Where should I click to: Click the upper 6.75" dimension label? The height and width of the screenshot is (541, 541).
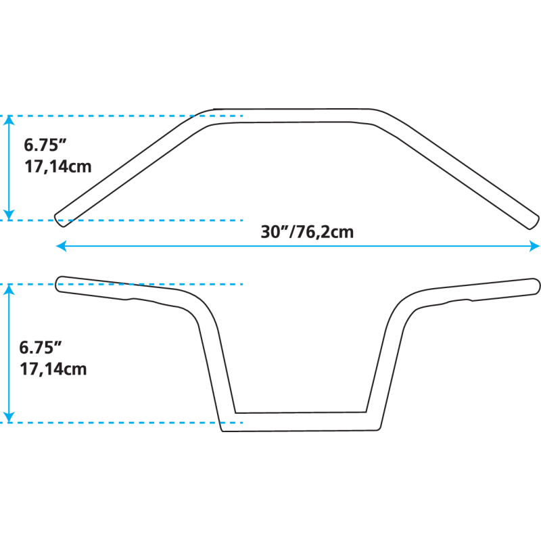46,145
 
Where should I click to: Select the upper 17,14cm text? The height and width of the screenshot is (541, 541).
57,166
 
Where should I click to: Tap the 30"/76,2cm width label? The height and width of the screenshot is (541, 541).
308,232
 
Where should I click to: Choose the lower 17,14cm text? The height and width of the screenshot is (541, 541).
53,369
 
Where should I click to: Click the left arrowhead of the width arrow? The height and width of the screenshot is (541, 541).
60,246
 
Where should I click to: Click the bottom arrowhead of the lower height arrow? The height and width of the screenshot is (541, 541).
9,417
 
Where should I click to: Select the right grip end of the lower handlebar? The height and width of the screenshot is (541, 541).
534,283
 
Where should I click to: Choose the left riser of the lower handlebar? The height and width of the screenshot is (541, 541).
212,365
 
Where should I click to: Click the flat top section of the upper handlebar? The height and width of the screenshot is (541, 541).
298,117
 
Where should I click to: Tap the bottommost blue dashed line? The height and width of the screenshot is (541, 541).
122,423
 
